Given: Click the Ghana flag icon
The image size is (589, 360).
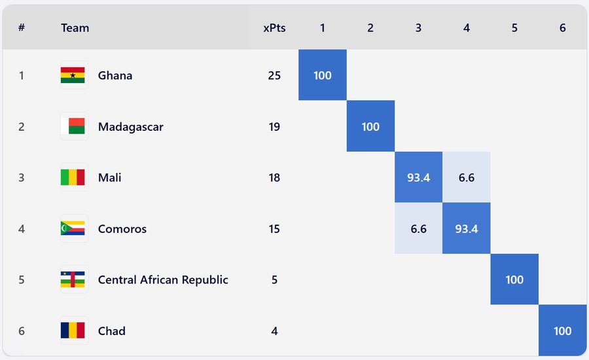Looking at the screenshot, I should [x=73, y=75].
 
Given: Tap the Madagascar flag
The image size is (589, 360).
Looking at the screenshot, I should [x=73, y=126].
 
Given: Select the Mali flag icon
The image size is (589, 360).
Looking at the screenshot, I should [x=73, y=177].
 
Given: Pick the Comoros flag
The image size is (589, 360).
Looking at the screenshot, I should [x=73, y=228].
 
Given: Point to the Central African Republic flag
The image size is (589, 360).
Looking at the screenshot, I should [x=73, y=279].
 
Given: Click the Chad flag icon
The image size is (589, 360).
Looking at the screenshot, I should [x=73, y=331].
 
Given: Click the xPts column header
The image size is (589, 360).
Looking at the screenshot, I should [x=274, y=28].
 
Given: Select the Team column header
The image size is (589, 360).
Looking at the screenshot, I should [x=75, y=28].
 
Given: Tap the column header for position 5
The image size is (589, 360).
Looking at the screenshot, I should [x=514, y=28].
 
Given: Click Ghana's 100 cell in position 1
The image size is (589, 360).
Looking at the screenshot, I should [x=323, y=75].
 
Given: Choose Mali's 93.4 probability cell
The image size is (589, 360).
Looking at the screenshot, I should [x=418, y=177].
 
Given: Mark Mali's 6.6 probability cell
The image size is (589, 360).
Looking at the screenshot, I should [x=467, y=177].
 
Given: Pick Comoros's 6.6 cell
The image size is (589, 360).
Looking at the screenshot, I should [x=418, y=228].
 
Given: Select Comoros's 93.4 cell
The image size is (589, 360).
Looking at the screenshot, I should [x=467, y=228].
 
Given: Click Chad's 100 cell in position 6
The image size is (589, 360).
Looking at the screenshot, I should [x=563, y=331].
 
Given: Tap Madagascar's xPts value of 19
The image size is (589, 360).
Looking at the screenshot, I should [x=274, y=126].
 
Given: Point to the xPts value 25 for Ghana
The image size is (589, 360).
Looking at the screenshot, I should [x=274, y=75].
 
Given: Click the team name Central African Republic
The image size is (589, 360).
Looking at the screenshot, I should [x=163, y=279].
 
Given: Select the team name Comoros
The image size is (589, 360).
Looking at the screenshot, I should [x=122, y=228].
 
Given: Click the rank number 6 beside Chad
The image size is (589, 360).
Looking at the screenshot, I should [x=22, y=331].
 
